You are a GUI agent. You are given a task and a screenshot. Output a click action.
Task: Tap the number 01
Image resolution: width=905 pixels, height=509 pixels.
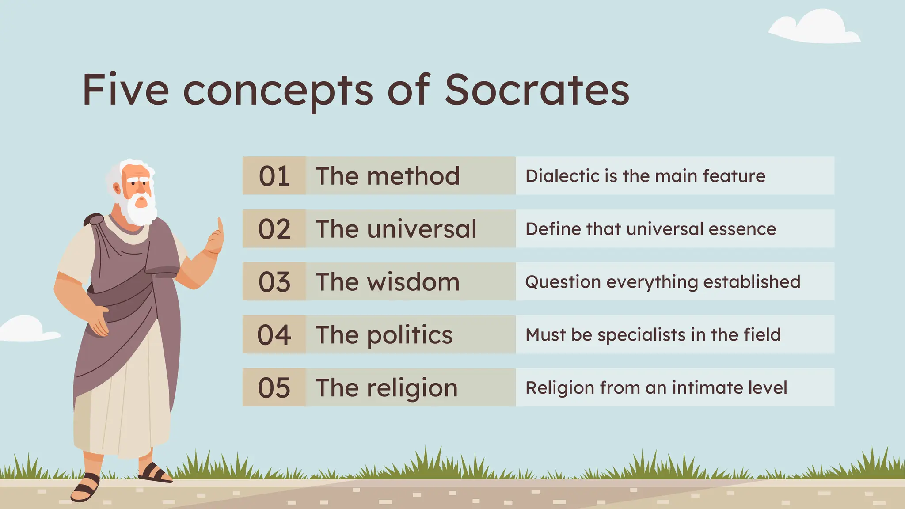pyautogui.click(x=274, y=176)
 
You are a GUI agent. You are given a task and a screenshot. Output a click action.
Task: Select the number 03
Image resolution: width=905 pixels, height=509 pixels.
pyautogui.click(x=274, y=282)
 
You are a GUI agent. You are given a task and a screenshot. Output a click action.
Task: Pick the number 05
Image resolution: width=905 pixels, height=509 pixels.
pyautogui.click(x=274, y=387)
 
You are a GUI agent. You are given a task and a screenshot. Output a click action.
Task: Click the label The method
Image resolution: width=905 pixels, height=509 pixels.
pyautogui.click(x=388, y=176)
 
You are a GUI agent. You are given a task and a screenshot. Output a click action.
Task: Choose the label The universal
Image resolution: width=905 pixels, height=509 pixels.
pyautogui.click(x=396, y=229)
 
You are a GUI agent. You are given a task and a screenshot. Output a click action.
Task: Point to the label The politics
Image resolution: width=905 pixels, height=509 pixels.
pyautogui.click(x=384, y=335)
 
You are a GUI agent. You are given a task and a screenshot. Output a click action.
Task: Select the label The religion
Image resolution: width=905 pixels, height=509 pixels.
pyautogui.click(x=386, y=387)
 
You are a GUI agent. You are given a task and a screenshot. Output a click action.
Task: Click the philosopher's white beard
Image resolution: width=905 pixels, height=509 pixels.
pyautogui.click(x=141, y=211)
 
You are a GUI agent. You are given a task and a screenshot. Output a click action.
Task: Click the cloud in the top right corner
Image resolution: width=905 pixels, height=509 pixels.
pyautogui.click(x=816, y=29)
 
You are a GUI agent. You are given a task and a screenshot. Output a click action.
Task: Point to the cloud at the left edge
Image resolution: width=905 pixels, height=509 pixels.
pyautogui.click(x=24, y=329)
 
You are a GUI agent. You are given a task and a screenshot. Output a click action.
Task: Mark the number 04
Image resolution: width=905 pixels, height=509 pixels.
pyautogui.click(x=274, y=335)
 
